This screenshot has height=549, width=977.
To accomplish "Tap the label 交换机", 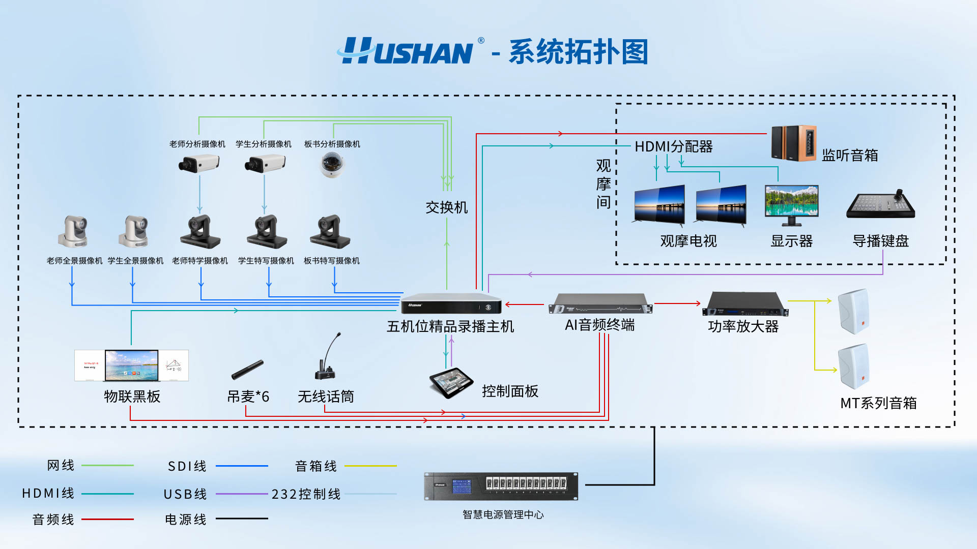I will pos(446,207).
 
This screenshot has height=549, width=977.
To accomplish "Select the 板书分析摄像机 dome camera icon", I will pos(332,165).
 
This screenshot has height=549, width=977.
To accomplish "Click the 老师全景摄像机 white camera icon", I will pos(74,232).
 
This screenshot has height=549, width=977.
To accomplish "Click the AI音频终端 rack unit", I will pos(600,304).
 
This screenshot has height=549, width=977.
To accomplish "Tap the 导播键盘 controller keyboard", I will pos(881,205).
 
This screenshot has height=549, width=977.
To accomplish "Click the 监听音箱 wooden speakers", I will pos(794,143).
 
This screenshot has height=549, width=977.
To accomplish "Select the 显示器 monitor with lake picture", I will pos(792,204).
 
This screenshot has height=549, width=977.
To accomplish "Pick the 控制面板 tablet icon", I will pos(451,383).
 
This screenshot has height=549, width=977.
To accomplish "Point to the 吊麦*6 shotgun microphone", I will pos(247,370).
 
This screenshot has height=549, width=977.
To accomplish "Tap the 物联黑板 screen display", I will pos(131,365).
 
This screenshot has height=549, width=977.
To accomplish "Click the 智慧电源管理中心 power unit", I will pos(501,486).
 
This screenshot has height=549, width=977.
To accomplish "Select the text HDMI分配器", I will pos(673,147).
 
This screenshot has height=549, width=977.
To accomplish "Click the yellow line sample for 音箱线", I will pos(370,466).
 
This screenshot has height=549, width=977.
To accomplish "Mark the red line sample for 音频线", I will pos(107,519).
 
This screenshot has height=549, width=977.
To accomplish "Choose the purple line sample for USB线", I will pos(242,494).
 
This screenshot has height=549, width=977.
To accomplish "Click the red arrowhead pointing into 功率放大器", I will pos(698,303).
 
